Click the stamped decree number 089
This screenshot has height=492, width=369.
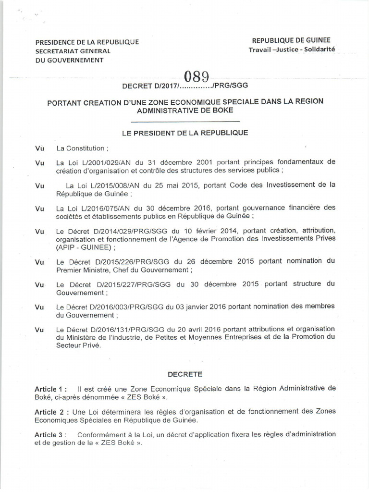[x=197, y=76]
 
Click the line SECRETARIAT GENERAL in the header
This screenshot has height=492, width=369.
[x=72, y=51]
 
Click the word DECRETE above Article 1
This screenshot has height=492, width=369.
[x=185, y=373]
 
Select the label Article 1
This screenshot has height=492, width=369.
[x=49, y=388]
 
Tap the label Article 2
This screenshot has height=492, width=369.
[x=49, y=411]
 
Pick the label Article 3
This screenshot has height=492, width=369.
[x=49, y=434]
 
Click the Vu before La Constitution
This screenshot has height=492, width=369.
[x=40, y=148]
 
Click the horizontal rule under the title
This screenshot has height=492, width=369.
[x=184, y=122]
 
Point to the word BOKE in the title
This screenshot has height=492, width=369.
[x=222, y=110]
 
